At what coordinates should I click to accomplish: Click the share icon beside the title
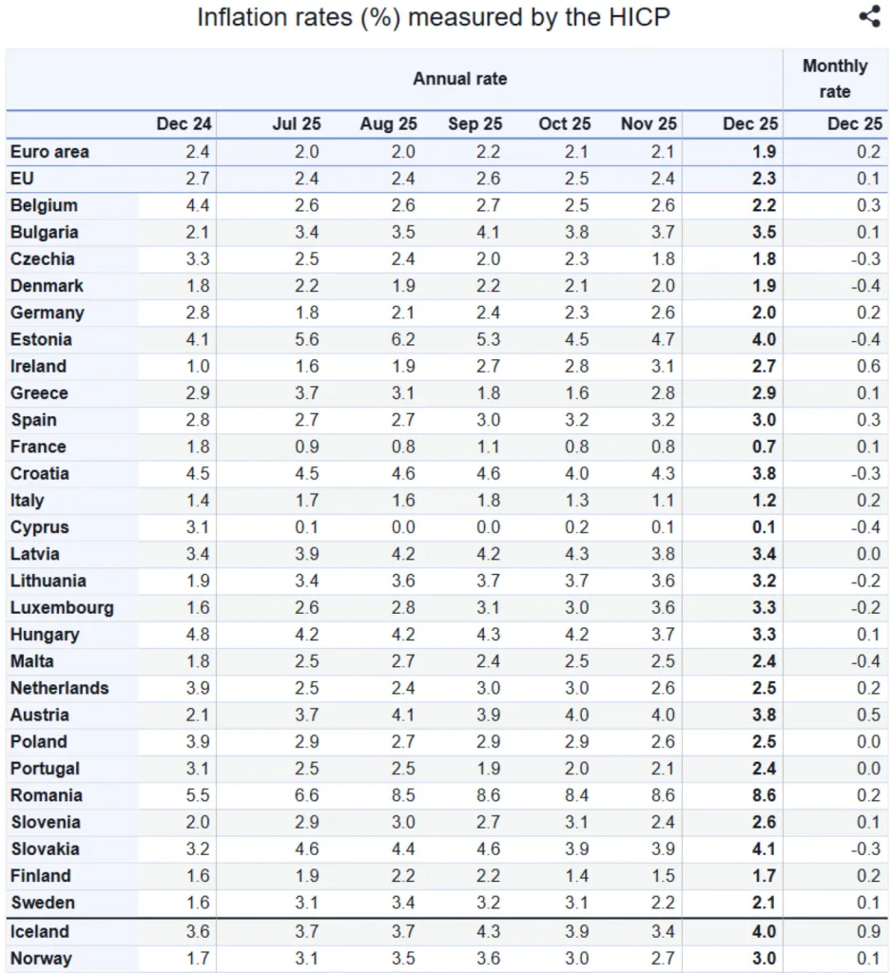click(x=869, y=16)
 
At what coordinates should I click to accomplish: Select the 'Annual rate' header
click(x=459, y=79)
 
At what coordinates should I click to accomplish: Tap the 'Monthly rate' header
click(x=835, y=79)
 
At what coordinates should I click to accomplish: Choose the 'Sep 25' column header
click(x=475, y=124)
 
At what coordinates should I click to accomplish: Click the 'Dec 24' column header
click(x=184, y=124)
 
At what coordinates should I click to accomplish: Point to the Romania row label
click(x=46, y=795)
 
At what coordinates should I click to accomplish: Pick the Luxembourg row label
click(x=62, y=608)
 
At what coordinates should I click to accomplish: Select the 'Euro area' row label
click(x=49, y=151)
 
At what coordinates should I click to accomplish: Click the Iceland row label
click(x=40, y=931)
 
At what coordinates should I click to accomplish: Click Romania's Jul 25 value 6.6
click(x=307, y=795)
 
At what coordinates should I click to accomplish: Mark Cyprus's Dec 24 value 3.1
click(x=199, y=527)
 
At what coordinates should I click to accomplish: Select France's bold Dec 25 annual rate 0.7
click(x=764, y=447)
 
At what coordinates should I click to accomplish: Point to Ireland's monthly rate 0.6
click(x=867, y=367)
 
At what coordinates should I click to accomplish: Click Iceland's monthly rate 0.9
click(x=867, y=931)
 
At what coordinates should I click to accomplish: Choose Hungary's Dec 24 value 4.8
click(x=199, y=635)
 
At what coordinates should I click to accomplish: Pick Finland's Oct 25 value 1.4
click(x=577, y=876)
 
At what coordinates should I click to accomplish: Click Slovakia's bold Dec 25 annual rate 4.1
click(x=764, y=849)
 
